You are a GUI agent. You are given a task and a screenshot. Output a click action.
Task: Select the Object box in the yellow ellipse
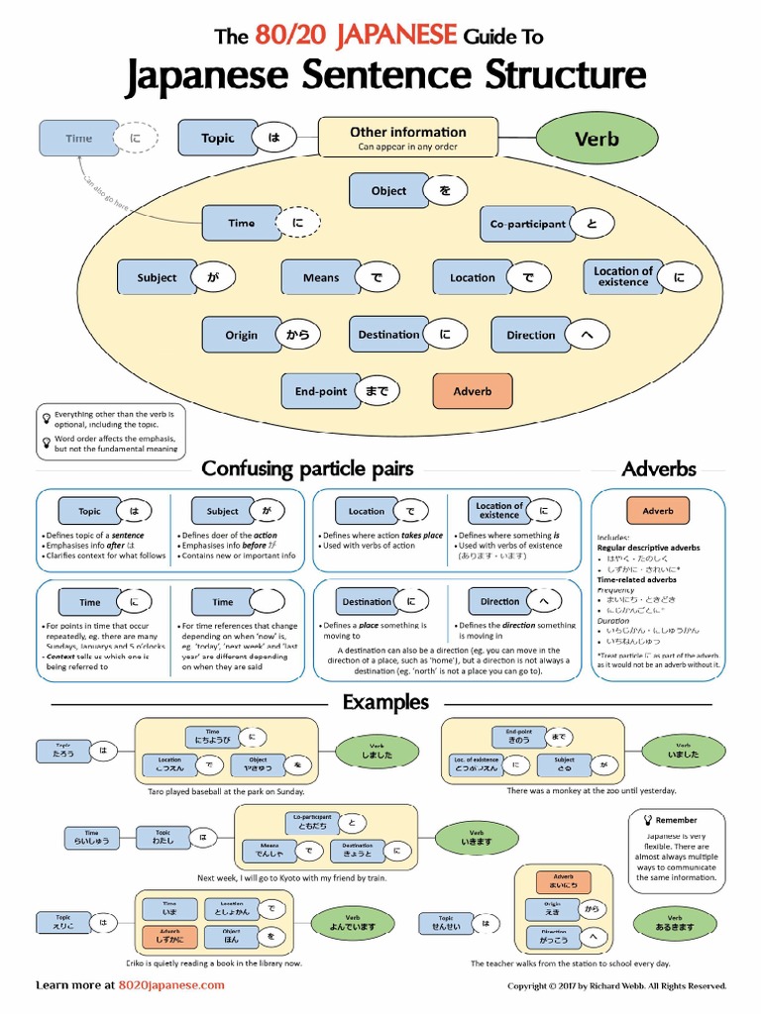tap(388, 190)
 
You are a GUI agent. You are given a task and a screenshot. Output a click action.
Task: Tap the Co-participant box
tap(527, 224)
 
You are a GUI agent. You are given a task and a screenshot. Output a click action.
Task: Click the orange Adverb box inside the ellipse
tap(472, 391)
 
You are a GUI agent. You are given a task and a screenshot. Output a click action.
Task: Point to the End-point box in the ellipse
tap(320, 391)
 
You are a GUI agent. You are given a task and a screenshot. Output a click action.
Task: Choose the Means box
tap(320, 278)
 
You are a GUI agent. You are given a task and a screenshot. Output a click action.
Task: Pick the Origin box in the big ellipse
tap(241, 335)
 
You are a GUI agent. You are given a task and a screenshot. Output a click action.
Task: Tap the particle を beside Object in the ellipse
tap(445, 190)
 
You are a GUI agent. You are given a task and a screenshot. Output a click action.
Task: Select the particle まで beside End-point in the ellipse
tap(377, 391)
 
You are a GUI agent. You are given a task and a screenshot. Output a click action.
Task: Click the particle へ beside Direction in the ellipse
tap(587, 335)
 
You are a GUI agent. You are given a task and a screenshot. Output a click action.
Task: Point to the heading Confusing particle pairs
tap(307, 468)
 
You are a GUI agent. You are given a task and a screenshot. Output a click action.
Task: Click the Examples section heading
tap(385, 702)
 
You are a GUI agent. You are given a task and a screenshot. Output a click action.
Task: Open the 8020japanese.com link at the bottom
tap(171, 985)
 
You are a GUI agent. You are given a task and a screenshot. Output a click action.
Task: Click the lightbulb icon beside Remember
tap(646, 820)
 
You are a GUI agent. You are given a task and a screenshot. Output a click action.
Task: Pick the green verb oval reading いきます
tap(477, 838)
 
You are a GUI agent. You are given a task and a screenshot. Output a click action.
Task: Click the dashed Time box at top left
tap(78, 139)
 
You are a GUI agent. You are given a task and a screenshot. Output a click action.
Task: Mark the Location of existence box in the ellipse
tap(623, 277)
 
